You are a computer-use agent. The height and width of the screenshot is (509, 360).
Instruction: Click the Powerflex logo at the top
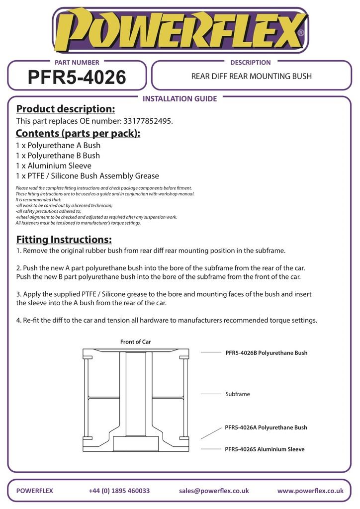point(180,31)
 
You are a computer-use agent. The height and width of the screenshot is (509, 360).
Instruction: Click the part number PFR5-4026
point(77,77)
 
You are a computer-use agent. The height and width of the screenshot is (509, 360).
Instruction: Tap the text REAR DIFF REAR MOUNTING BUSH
point(252,77)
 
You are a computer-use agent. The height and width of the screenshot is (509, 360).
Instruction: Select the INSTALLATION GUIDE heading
point(180,98)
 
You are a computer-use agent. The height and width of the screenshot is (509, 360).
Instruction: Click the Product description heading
point(65,109)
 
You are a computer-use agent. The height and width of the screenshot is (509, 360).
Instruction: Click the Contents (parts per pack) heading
point(78,133)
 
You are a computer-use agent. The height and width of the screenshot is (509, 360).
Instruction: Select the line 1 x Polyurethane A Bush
point(58,146)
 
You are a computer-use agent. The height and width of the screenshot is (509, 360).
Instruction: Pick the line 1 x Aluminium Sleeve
point(54,166)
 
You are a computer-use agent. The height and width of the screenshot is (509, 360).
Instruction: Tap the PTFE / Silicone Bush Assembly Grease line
point(88,176)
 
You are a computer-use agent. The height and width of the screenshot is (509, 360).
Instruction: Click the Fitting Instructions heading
point(64,240)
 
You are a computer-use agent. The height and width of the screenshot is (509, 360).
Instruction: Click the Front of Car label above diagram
point(135,342)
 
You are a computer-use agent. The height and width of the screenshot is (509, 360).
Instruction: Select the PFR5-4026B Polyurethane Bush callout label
point(266,353)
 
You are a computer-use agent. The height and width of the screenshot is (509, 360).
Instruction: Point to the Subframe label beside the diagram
point(238,394)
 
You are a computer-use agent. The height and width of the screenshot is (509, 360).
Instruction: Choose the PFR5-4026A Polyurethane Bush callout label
point(266,427)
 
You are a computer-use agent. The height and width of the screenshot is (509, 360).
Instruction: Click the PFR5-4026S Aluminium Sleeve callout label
point(265,449)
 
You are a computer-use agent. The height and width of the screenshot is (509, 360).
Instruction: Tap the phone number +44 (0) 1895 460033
point(119,491)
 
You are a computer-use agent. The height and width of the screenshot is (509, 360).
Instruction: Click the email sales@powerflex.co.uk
point(214,491)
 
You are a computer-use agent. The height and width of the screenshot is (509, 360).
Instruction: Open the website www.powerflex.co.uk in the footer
point(310,491)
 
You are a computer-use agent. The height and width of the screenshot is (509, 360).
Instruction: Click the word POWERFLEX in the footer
point(34,491)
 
